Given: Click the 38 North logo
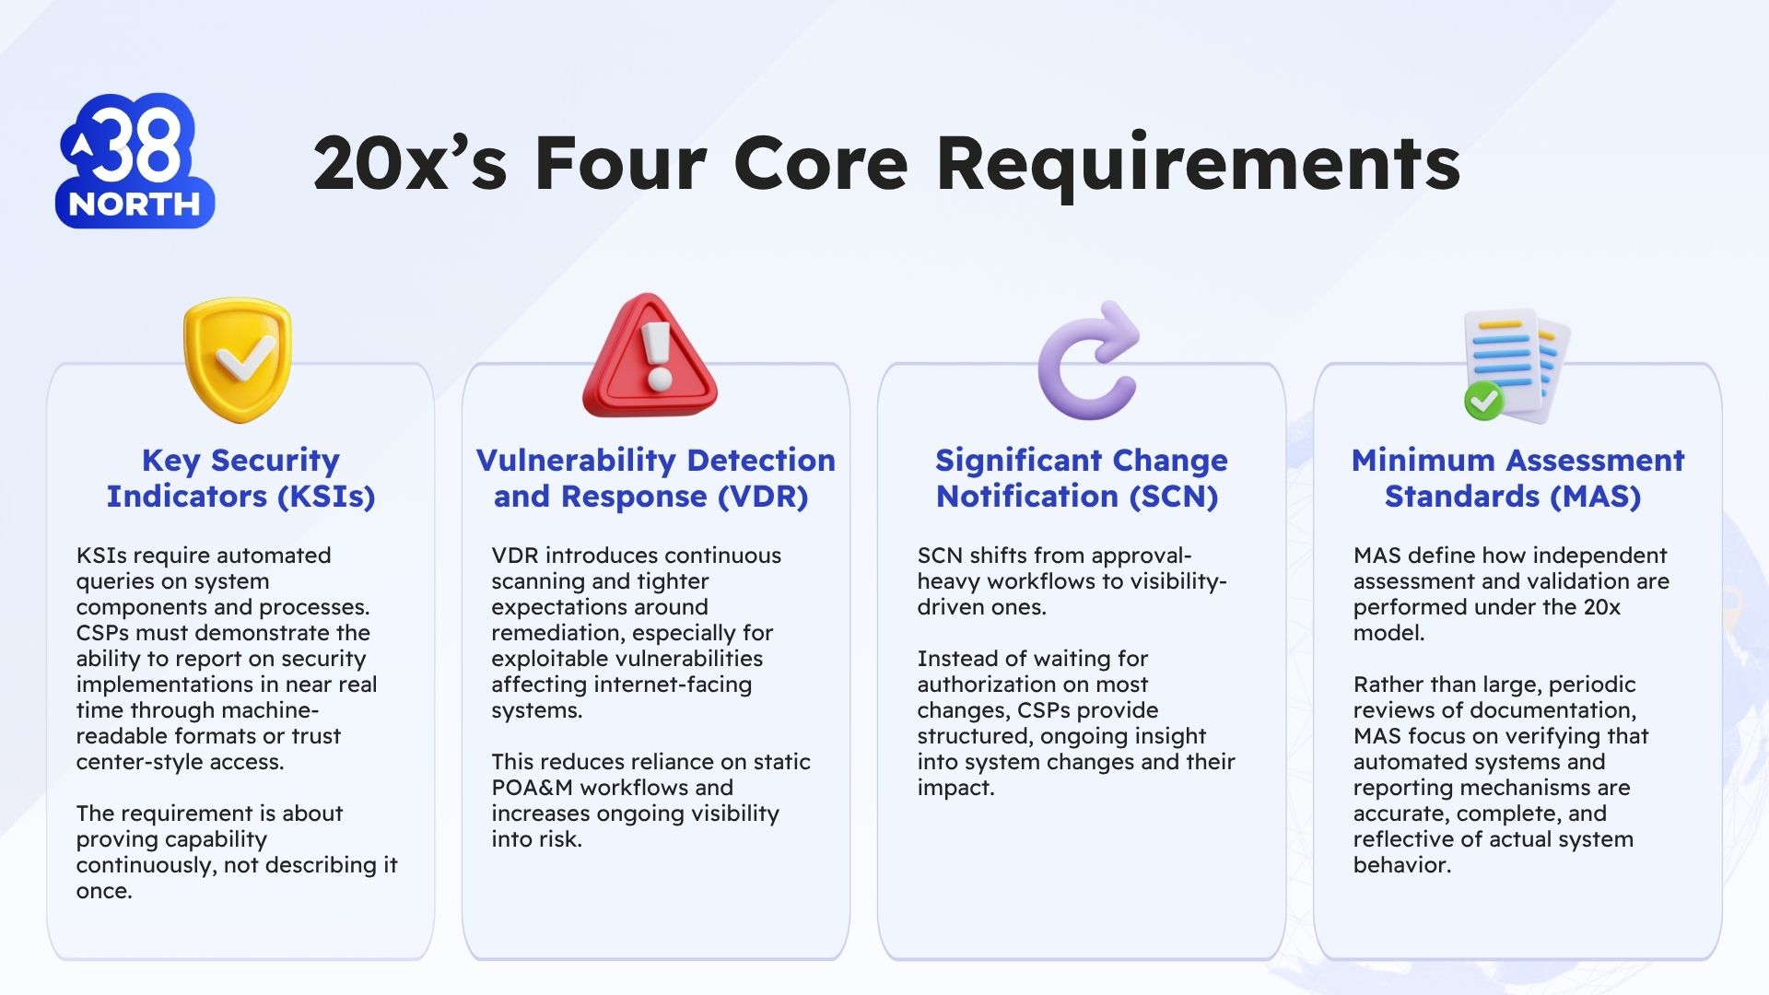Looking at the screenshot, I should coord(135,161).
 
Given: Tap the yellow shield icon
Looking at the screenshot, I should coord(238,359).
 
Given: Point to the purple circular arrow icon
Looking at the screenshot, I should coord(1088,361).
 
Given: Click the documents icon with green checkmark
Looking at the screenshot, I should coord(1516,366).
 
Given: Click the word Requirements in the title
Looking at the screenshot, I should coord(1198,164).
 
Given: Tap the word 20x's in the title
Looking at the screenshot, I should coord(410,164).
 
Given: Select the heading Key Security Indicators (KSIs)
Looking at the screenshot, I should coord(240,477).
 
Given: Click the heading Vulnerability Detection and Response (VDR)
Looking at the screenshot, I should coord(655,477).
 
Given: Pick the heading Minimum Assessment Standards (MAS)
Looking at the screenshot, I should coord(1517,477).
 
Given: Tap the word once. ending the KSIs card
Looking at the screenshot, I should coord(104,891).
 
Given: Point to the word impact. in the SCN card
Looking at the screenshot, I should coord(955,788).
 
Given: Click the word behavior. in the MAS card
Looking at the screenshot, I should coord(1401,865).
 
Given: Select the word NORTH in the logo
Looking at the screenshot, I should coord(135,204).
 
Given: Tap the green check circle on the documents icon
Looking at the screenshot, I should coord(1483,401).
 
